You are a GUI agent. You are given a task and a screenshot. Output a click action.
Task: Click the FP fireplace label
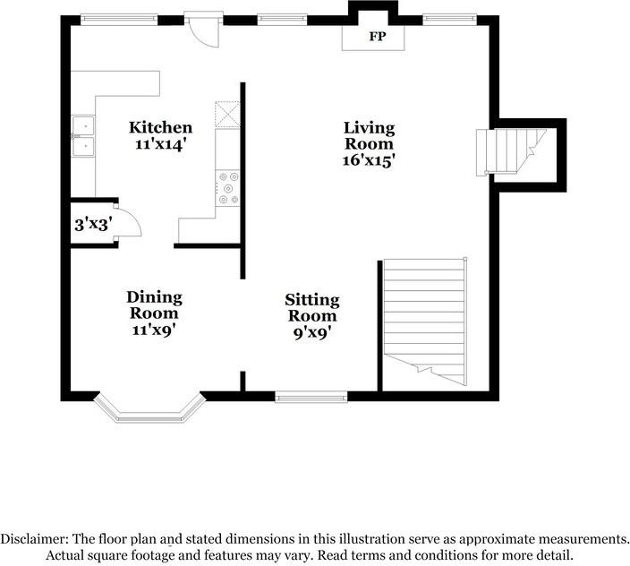pos(378,37)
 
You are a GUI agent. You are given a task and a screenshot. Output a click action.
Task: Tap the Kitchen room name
pos(160,127)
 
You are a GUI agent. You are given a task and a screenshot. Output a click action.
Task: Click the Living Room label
pos(369,135)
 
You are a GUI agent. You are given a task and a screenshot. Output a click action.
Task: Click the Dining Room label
pos(154,304)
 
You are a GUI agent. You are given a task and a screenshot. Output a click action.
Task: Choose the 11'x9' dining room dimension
pos(154,330)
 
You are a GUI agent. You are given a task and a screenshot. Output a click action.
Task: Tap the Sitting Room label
pos(312,307)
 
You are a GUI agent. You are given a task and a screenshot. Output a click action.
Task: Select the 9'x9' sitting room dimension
pos(312,332)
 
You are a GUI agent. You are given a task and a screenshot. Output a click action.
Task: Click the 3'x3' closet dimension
pos(93,224)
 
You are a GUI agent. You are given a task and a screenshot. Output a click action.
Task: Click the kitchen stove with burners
pos(227,188)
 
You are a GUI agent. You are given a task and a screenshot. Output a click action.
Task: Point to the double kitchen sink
pos(83,137)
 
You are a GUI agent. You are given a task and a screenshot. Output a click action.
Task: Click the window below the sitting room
pos(311,398)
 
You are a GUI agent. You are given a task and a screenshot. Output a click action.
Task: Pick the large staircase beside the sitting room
pos(425,322)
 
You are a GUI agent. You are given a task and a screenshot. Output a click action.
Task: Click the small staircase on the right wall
pos(512,152)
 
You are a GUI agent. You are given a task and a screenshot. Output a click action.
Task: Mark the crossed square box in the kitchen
pos(227,115)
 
